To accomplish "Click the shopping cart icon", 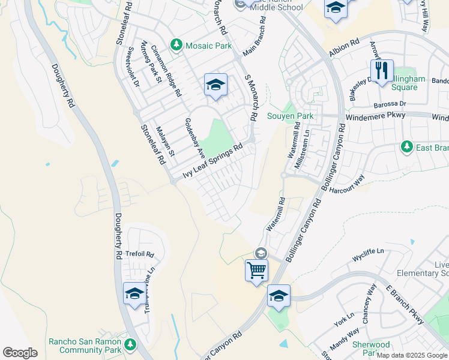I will point(256,269).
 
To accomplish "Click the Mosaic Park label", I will point(199,45).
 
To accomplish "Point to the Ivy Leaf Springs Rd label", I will point(215,159).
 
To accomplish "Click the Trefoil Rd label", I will point(140,254).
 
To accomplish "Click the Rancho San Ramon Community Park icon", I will point(130,344).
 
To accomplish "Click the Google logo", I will point(20,353).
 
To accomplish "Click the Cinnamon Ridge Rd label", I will point(166,71).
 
